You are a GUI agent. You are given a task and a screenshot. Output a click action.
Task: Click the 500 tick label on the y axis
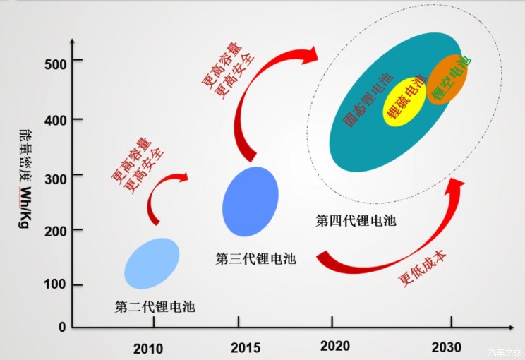point(56,64)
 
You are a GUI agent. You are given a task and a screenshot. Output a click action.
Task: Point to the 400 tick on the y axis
point(56,119)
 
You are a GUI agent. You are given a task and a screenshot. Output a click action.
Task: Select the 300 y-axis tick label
point(56,176)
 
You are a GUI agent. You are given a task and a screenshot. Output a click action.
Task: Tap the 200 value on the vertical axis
point(56,230)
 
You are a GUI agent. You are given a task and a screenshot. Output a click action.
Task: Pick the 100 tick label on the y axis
point(56,284)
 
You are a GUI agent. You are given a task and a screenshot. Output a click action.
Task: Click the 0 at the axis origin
point(61,327)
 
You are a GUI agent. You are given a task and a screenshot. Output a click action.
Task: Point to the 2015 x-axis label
point(245,348)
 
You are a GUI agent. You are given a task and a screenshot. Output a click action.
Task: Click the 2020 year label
point(334,347)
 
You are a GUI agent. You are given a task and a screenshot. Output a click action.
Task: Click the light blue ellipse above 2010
point(152,263)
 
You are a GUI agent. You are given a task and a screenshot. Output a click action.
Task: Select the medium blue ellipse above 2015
point(251,201)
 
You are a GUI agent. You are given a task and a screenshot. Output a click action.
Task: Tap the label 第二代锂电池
point(155,307)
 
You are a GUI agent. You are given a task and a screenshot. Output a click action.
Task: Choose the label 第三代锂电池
point(255,259)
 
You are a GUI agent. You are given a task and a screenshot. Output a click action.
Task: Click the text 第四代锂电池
point(356,221)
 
